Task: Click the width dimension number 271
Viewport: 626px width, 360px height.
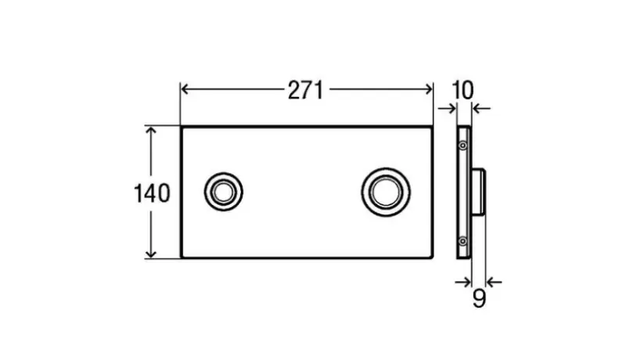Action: click(304, 91)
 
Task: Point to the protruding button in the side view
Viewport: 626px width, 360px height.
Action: click(480, 193)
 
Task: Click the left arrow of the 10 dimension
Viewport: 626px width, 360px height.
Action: click(451, 109)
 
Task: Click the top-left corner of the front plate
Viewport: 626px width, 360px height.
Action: click(182, 128)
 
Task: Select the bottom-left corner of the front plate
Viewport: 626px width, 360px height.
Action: click(182, 257)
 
